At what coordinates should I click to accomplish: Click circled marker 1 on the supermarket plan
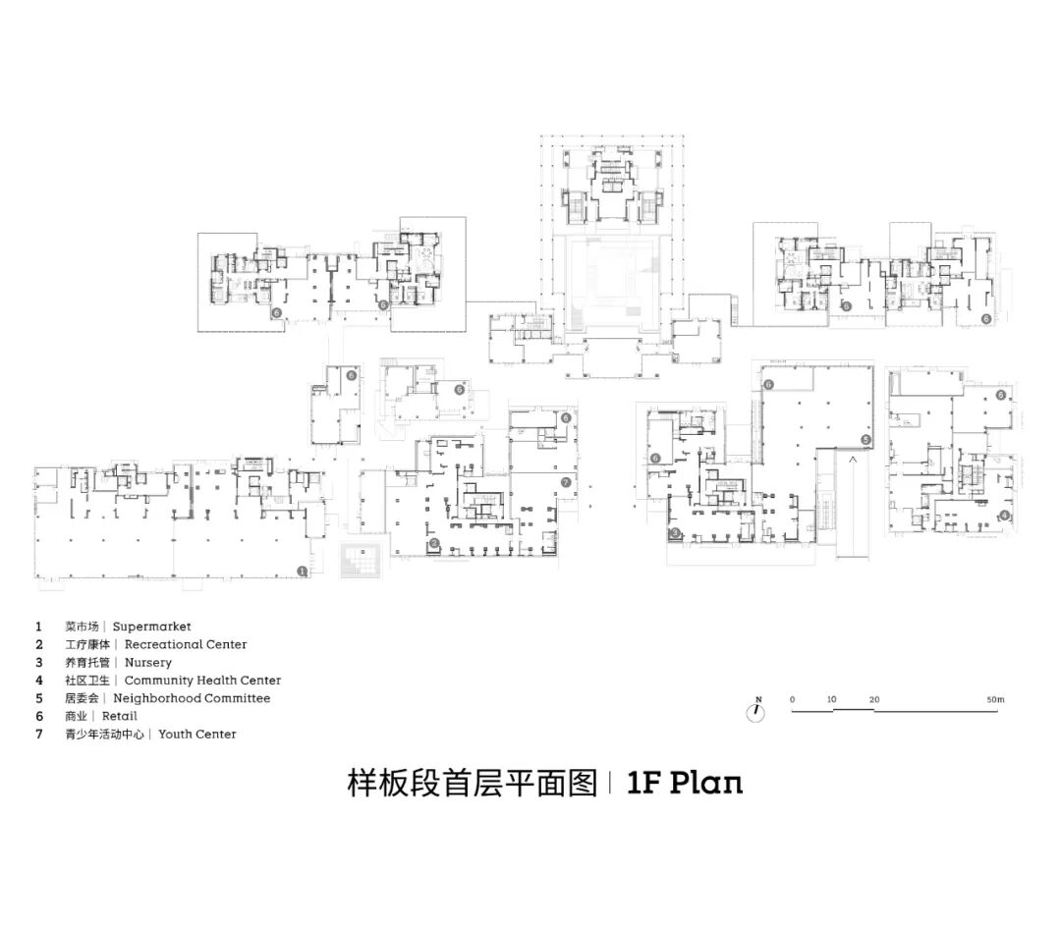click(303, 570)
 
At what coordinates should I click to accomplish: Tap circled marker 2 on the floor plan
click(434, 543)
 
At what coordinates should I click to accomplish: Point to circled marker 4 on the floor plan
click(1004, 516)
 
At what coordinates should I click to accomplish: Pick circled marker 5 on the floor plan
click(866, 438)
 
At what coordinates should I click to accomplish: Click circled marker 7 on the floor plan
click(567, 482)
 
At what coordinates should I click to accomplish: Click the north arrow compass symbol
click(755, 712)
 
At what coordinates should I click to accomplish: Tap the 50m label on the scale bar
click(997, 699)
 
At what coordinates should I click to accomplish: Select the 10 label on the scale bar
click(831, 699)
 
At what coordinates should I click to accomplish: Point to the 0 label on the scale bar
click(792, 699)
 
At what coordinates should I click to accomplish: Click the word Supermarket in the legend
click(151, 627)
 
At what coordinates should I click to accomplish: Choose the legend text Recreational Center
click(186, 644)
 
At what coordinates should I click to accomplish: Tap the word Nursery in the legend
click(147, 663)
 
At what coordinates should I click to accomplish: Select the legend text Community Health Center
click(202, 681)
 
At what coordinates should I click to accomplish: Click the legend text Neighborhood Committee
click(197, 698)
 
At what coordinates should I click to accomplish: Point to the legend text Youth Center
click(197, 734)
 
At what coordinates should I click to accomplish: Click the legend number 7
click(39, 734)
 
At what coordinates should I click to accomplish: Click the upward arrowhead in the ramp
click(854, 458)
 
